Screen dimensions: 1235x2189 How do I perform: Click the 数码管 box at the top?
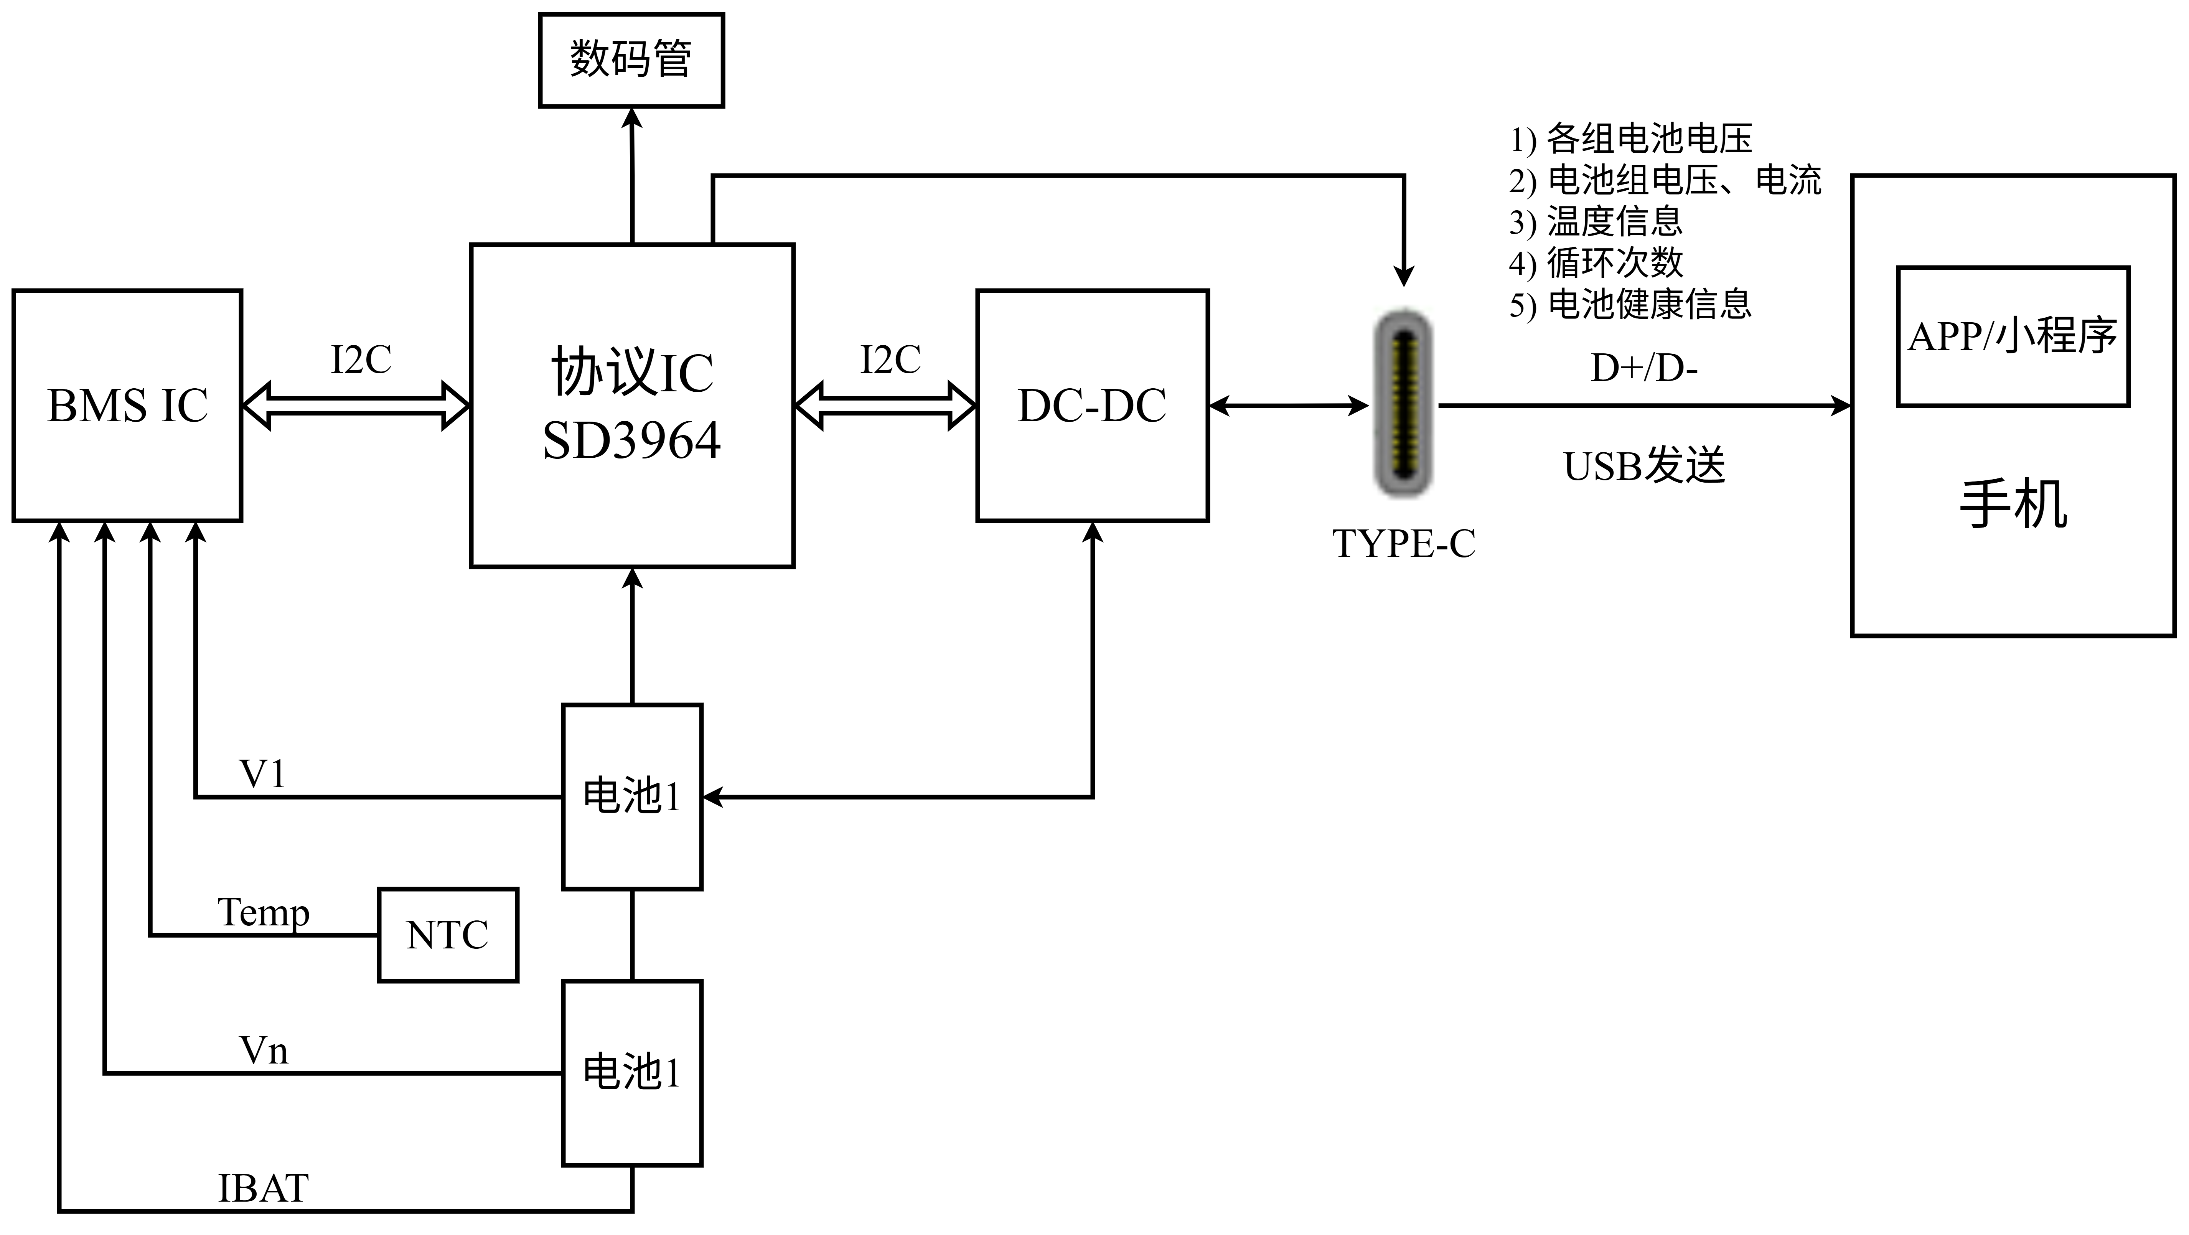(631, 59)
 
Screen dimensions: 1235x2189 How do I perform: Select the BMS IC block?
(127, 406)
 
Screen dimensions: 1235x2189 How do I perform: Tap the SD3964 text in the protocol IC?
(631, 441)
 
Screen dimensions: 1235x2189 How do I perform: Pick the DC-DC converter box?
(1092, 406)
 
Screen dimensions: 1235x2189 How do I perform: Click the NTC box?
(448, 935)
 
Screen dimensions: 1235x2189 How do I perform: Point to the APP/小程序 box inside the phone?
(2012, 336)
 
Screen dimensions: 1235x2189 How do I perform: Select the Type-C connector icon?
(1404, 404)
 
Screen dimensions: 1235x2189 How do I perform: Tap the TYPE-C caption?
(1404, 544)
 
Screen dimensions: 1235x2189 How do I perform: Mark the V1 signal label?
(262, 773)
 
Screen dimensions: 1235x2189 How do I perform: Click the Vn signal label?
(264, 1051)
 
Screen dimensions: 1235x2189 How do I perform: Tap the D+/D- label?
(1643, 368)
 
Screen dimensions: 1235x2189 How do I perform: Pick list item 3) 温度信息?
(1596, 222)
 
